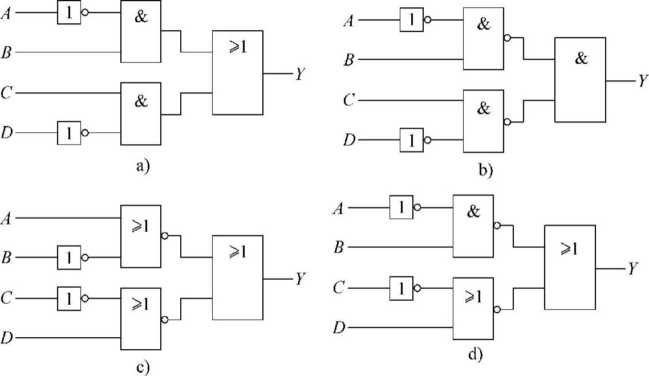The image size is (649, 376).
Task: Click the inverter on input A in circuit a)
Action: pos(69,13)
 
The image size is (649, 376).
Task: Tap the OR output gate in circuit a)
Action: pos(237,72)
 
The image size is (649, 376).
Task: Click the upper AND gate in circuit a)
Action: pos(140,31)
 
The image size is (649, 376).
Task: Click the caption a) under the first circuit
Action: pos(142,166)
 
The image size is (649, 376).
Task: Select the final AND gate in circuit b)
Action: pos(580,80)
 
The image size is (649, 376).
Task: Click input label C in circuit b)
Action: pos(349,101)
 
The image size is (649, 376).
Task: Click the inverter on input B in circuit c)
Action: pos(69,258)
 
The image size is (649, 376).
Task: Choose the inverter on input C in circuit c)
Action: pos(69,298)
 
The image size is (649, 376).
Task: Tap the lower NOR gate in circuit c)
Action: pos(140,318)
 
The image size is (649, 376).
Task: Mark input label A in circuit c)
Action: pos(7,218)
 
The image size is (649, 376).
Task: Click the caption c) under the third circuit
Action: pos(143,367)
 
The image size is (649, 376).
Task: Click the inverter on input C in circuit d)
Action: pos(401,288)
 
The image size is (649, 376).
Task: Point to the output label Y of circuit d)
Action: pos(632,269)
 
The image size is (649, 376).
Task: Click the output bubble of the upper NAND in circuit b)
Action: pos(507,39)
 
